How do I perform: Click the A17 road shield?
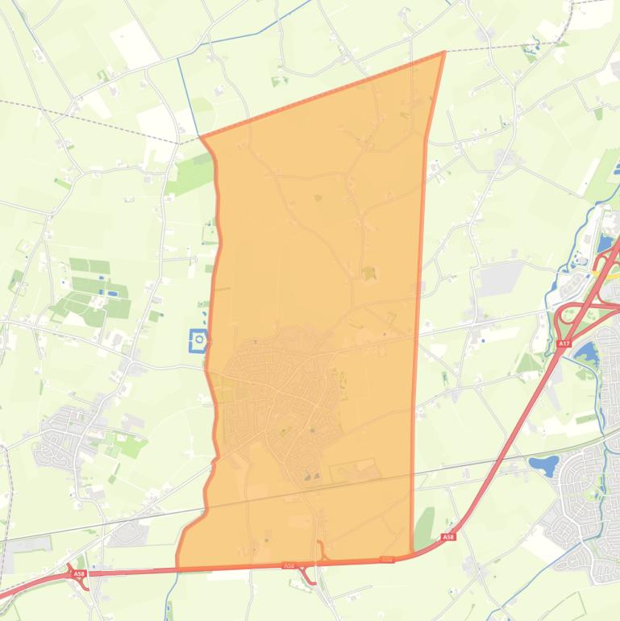564,344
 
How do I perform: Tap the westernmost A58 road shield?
79,573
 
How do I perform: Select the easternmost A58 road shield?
448,536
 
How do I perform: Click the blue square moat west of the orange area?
198,341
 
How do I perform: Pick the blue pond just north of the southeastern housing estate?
543,465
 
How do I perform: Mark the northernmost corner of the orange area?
444,52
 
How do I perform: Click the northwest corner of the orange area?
201,138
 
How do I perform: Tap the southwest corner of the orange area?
177,568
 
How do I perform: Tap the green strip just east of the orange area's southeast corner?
424,527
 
